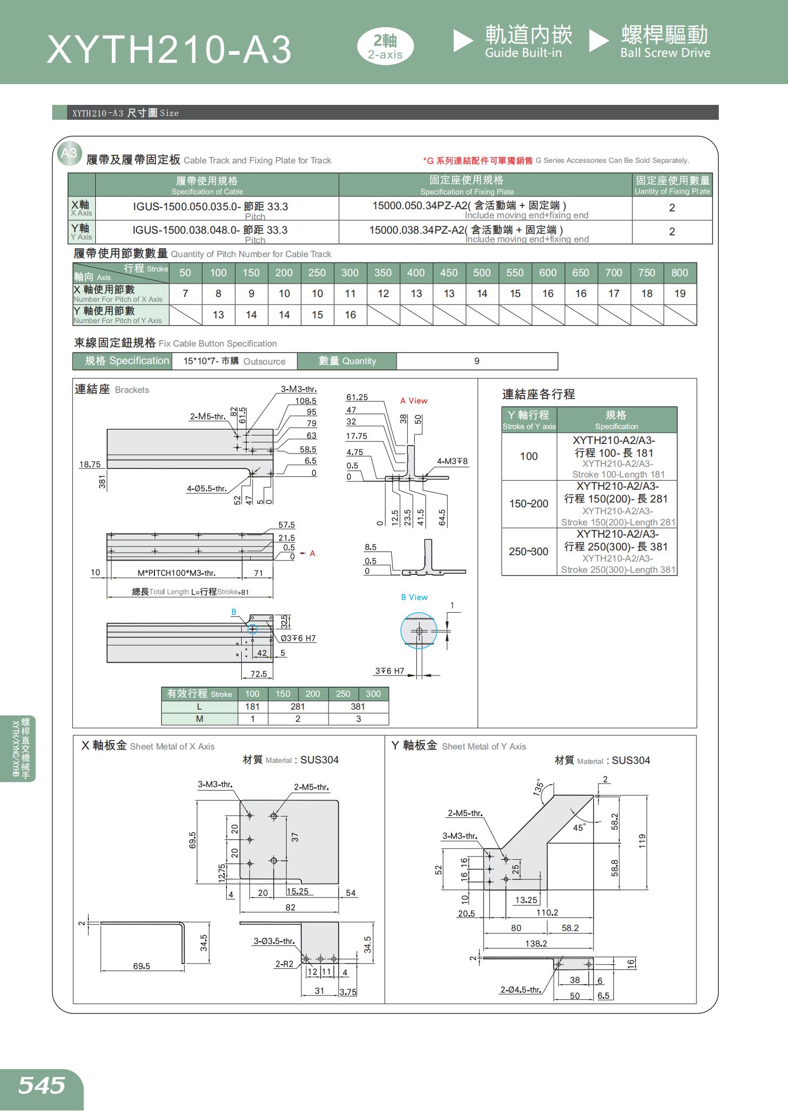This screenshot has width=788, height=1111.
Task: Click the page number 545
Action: (42, 1085)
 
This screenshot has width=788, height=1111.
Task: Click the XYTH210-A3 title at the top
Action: (169, 50)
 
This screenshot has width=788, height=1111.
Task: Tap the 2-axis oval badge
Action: (385, 47)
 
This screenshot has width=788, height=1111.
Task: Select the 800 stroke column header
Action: (679, 273)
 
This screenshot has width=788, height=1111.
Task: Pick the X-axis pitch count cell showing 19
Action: (679, 294)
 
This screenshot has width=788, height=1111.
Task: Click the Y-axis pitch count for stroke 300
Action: (350, 315)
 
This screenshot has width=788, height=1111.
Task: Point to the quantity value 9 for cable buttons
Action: (477, 361)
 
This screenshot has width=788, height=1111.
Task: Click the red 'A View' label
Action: (414, 401)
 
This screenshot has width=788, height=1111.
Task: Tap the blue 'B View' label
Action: (414, 597)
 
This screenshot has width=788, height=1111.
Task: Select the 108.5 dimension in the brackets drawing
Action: (306, 401)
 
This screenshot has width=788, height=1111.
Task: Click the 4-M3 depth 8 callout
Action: (452, 461)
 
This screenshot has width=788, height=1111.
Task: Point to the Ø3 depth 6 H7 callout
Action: (298, 638)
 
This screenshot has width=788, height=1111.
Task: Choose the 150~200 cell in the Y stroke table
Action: (529, 504)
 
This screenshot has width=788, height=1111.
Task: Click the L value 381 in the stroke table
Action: (358, 707)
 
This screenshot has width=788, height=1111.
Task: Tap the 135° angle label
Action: (539, 787)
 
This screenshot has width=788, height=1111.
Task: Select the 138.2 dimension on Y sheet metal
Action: (536, 943)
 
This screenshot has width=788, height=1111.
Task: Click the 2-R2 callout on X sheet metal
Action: (284, 964)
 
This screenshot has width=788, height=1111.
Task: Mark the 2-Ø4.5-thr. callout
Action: (520, 990)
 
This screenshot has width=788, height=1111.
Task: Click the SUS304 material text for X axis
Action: (319, 760)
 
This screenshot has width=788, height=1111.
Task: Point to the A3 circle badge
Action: (69, 153)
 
